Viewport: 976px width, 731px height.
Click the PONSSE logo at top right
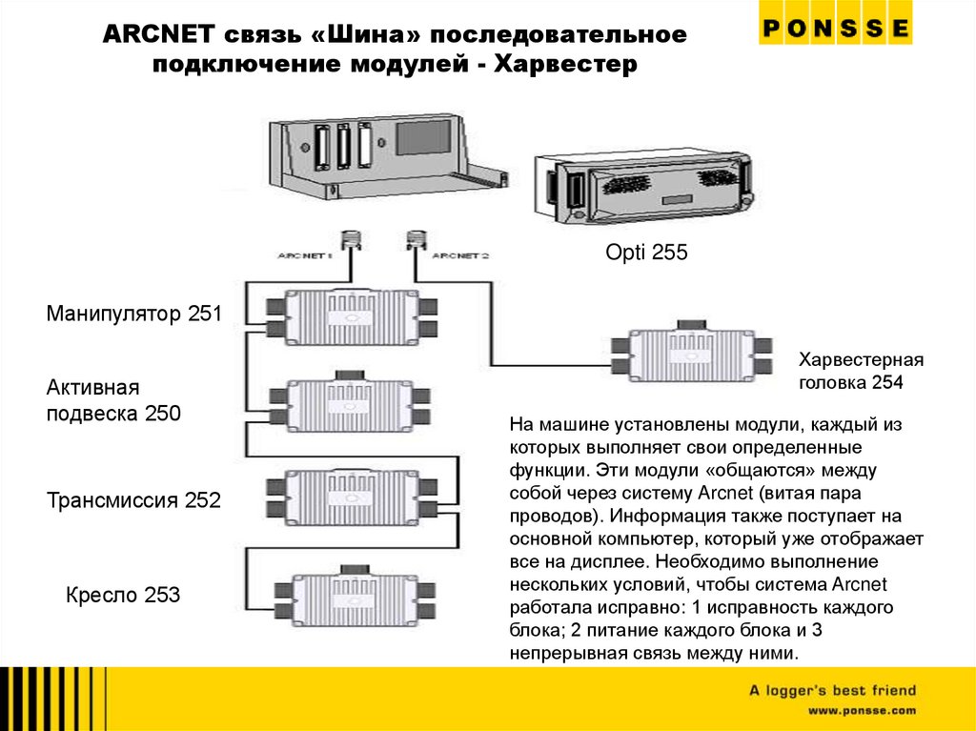835,29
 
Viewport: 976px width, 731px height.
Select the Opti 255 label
646,253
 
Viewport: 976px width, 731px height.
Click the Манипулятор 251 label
133,313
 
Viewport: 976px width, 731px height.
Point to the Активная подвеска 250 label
112,400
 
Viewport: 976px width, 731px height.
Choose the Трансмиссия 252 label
133,499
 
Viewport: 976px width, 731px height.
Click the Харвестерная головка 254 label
862,372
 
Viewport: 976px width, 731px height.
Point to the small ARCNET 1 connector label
302,255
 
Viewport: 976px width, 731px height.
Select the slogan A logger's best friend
831,690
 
